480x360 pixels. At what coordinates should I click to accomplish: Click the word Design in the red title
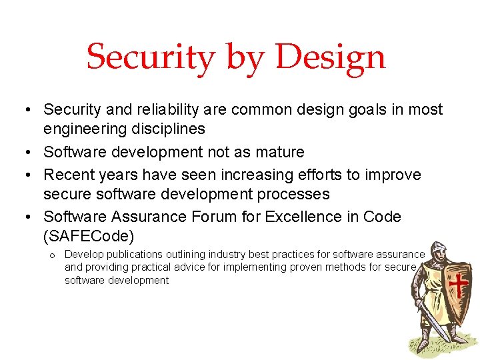[x=330, y=57]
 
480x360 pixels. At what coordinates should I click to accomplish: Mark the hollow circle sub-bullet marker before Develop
[x=51, y=255]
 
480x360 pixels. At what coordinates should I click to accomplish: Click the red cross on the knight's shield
[x=457, y=285]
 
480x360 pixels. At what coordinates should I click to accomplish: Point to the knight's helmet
[x=435, y=251]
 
